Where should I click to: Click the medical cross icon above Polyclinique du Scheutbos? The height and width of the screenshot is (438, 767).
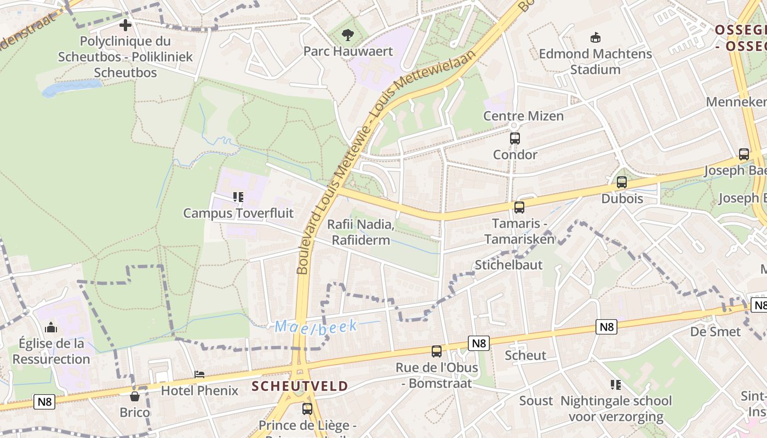(125, 25)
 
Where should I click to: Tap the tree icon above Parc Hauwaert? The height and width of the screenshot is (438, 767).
(347, 36)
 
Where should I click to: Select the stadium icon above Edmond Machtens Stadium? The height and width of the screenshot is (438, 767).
(595, 38)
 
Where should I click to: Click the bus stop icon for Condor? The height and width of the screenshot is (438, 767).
(514, 139)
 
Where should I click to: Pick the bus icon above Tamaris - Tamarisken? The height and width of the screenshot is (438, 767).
(519, 208)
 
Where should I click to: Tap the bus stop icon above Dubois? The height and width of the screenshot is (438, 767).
(621, 182)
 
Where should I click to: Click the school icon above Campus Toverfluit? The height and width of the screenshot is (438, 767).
(238, 197)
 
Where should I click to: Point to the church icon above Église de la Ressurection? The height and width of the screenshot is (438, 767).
(51, 327)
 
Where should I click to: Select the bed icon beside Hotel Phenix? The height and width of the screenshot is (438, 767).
(199, 374)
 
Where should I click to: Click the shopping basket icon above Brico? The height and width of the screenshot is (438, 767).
(135, 396)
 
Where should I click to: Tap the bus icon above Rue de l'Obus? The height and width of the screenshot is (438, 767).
(436, 351)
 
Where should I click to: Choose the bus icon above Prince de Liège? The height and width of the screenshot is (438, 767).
(307, 408)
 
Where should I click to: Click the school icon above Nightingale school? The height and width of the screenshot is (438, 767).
(615, 385)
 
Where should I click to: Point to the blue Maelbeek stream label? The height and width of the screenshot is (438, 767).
(316, 327)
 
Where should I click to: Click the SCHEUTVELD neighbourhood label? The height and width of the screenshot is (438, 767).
(300, 386)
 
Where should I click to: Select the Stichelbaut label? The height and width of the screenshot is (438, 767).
(508, 265)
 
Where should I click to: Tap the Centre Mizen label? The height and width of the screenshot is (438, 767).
(523, 116)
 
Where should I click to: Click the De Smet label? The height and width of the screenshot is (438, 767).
(715, 332)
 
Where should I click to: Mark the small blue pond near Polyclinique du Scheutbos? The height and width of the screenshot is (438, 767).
(72, 87)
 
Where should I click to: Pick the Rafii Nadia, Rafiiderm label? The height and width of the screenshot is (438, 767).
(360, 232)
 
